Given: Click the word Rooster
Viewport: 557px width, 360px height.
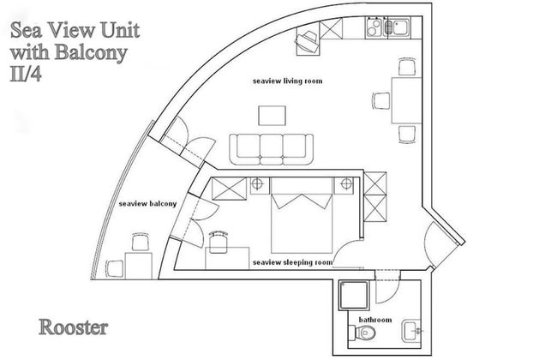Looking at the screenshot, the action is pos(73,327).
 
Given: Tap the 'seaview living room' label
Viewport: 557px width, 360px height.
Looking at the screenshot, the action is pos(288,81).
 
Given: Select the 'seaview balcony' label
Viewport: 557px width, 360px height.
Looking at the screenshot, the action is pos(147,204).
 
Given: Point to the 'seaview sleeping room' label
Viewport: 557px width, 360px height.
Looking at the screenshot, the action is pos(293,262).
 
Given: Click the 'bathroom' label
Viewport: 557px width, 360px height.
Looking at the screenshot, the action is pos(375,320).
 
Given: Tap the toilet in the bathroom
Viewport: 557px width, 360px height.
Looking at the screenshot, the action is pos(362,333).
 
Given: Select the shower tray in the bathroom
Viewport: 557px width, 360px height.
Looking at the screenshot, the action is pos(354,295).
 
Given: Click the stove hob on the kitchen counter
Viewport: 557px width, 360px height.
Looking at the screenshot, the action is pos(374,27).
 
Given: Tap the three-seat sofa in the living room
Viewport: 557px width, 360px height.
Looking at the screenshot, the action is pos(272,149).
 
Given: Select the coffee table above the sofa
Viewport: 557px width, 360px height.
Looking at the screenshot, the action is pos(273,116).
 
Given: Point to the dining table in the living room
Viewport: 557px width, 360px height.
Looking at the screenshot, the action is pos(406,100).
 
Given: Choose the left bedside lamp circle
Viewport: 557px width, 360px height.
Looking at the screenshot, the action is pos(257,184).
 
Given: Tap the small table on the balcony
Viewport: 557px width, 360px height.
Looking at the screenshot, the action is pos(139,266).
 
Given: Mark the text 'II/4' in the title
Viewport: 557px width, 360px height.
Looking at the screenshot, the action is pos(26,75).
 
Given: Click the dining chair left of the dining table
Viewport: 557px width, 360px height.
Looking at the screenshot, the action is pos(382,101).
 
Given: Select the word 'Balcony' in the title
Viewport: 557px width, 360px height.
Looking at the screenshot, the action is pos(91,52).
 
